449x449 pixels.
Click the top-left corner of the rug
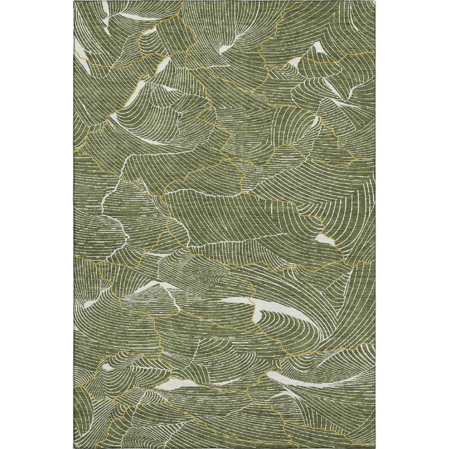[75, 1]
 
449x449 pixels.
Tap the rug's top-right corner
[375, 1]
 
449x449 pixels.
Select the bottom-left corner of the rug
[75, 448]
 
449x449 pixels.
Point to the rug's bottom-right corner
[375, 448]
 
